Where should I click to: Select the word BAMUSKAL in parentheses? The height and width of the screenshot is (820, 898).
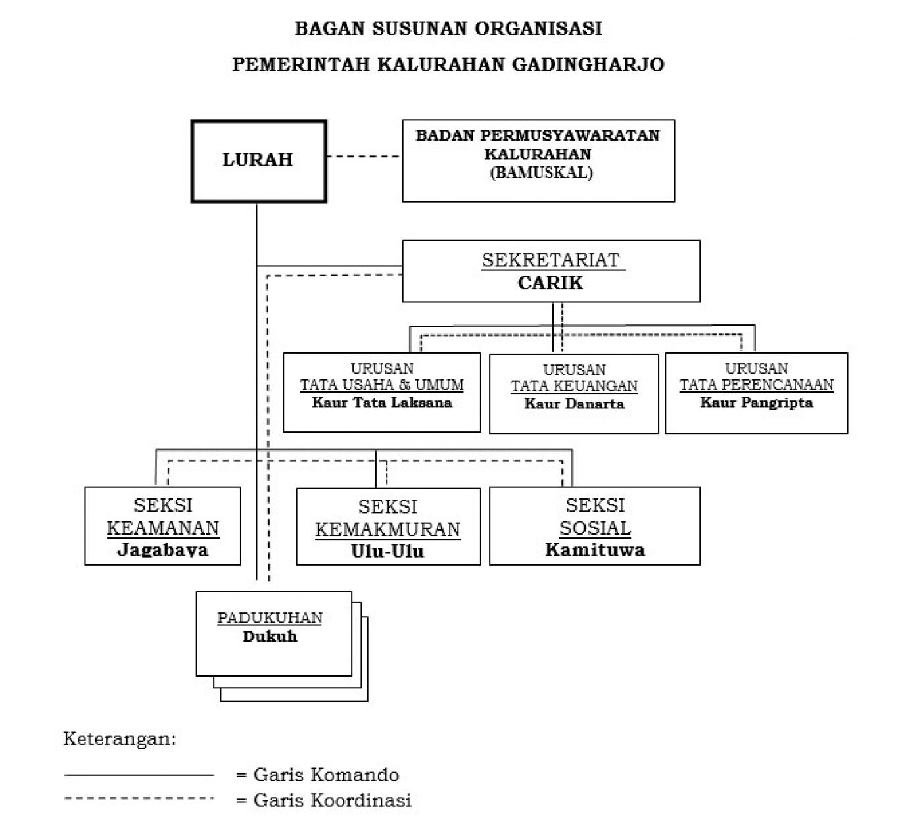[x=541, y=173]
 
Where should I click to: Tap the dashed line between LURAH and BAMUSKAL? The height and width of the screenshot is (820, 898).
[x=364, y=157]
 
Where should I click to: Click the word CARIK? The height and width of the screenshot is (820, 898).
[x=550, y=283]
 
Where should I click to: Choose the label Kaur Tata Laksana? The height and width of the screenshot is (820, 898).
[x=382, y=402]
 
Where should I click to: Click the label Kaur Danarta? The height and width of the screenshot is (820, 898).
[x=574, y=404]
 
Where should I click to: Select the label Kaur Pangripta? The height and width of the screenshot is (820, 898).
[x=756, y=402]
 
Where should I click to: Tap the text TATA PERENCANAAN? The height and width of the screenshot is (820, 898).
[x=756, y=385]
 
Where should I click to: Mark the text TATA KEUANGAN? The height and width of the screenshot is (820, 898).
[x=574, y=386]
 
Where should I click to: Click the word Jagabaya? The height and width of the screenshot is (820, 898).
[x=162, y=550]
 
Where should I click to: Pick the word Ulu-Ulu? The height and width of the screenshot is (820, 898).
[x=388, y=551]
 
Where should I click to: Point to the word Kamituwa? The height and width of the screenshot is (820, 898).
[x=595, y=550]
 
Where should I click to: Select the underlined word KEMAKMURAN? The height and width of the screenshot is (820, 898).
[x=388, y=529]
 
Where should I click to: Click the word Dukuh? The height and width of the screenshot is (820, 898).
[x=270, y=637]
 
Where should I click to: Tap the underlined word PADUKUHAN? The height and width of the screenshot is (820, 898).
[x=270, y=618]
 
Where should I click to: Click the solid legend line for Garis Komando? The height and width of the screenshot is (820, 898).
[x=139, y=775]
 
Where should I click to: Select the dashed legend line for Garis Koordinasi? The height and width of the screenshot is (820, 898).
[x=139, y=798]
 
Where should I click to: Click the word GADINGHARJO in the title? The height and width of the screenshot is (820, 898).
[x=588, y=64]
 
